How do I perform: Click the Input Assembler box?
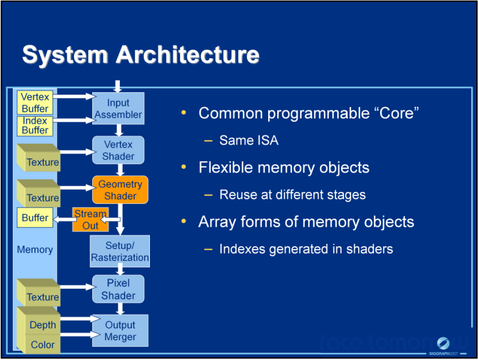click(118, 108)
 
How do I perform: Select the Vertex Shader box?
click(118, 150)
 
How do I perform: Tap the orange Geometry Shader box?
click(120, 190)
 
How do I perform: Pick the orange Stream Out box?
click(91, 220)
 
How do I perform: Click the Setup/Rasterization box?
click(120, 251)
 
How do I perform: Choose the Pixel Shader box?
click(118, 289)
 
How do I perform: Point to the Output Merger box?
click(120, 331)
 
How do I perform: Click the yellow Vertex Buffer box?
click(35, 102)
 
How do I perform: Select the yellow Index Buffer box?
click(35, 126)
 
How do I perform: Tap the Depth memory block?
click(38, 322)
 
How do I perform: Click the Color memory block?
click(38, 344)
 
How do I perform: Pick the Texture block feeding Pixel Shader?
click(38, 293)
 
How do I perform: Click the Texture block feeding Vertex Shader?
click(38, 158)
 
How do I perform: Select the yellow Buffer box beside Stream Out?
click(35, 217)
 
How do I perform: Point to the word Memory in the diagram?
click(35, 250)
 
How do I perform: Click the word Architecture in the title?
click(187, 54)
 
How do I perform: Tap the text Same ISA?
click(249, 140)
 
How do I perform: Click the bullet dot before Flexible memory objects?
click(183, 167)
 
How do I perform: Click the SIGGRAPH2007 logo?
click(443, 346)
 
